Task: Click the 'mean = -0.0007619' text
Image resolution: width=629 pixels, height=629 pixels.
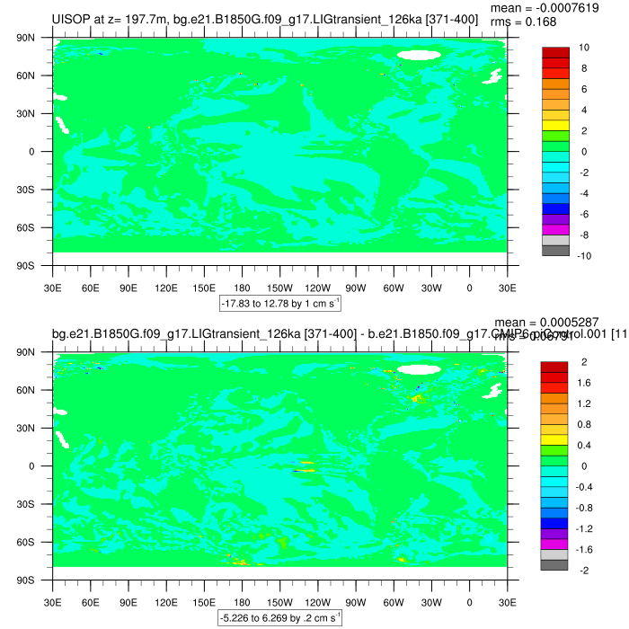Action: pos(562,7)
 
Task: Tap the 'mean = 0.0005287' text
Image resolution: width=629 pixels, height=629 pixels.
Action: pos(561,322)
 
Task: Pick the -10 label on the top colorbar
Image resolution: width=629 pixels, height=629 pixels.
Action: pos(583,257)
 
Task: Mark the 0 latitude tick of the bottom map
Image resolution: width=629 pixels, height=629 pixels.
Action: pos(31,466)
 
